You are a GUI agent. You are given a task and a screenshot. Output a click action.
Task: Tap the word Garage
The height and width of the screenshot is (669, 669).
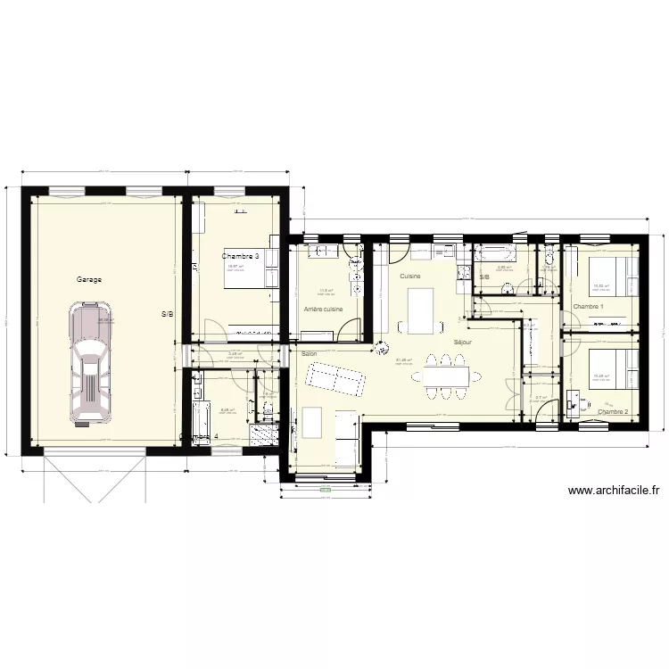point(89,279)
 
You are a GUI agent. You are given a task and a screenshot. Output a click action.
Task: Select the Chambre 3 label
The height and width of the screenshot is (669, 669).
point(240,256)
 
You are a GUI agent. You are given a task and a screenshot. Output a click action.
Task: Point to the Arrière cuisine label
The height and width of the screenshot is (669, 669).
point(323,309)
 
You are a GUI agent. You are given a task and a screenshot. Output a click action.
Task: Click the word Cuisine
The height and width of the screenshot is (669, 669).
point(410,277)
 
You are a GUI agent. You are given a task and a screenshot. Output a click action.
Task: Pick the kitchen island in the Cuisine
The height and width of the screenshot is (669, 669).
point(419,309)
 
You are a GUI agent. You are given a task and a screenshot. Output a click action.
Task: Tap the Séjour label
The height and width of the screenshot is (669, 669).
point(462,342)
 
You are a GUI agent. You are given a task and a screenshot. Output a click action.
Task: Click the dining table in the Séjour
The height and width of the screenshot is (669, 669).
point(441,372)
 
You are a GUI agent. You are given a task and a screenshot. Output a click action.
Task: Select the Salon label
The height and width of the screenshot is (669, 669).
point(309,354)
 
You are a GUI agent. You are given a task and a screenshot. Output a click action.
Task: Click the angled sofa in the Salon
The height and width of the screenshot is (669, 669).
point(335,380)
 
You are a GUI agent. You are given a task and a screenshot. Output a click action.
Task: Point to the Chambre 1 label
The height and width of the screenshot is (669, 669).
point(589,307)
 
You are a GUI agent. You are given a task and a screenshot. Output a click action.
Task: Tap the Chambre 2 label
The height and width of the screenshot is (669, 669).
point(613,412)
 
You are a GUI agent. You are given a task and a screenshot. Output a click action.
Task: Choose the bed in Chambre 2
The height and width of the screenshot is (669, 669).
point(614,368)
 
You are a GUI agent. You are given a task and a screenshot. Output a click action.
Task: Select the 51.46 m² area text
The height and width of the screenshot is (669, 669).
point(403,360)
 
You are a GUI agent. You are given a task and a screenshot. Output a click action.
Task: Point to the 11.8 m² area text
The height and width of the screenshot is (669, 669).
point(326,290)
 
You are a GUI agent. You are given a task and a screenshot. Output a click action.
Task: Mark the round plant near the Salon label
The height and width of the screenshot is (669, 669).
point(382,350)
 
